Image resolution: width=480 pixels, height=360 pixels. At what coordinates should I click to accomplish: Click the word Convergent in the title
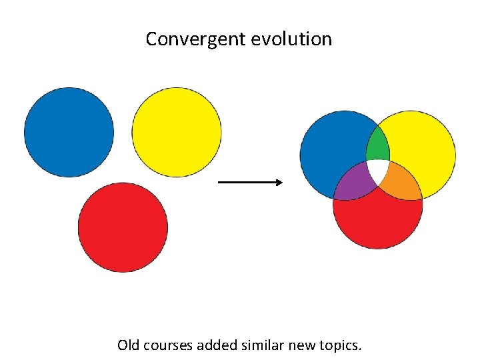tap(196, 39)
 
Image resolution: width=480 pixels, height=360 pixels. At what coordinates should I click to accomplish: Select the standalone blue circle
tap(69, 132)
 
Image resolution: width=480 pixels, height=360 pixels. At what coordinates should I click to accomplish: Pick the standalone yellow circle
tap(177, 132)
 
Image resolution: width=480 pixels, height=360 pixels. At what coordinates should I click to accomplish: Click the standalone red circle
tap(123, 227)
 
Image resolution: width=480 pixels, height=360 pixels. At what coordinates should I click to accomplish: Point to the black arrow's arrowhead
tap(279, 182)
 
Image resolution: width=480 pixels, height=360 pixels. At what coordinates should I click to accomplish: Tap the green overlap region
tap(378, 143)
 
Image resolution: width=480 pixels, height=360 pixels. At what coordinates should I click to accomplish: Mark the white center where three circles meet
tap(378, 171)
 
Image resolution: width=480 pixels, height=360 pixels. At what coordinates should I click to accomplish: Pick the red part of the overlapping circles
tap(378, 220)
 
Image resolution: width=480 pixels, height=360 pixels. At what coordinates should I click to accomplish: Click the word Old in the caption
tap(128, 345)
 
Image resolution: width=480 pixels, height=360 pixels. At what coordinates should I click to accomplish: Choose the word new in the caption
tap(301, 345)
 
